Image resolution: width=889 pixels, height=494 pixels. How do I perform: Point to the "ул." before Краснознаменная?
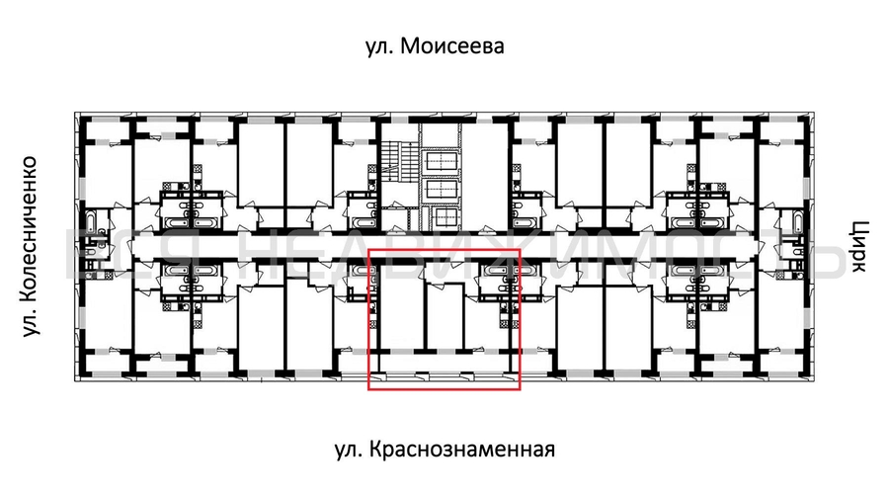[345, 451]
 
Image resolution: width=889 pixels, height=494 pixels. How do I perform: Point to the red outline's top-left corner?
[368, 251]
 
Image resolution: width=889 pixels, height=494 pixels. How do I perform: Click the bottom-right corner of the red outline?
[520, 390]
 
